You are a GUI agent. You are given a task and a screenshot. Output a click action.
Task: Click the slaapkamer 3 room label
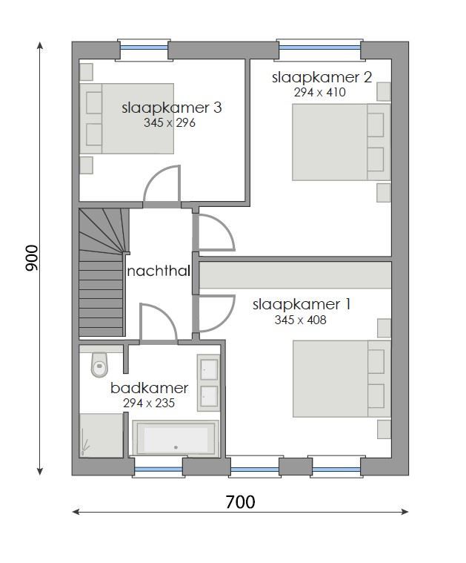(171, 108)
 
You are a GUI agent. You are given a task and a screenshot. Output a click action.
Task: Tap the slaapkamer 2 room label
(321, 77)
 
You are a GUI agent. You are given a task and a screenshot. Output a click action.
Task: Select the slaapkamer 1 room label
(302, 304)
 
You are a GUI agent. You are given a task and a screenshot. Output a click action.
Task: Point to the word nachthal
(159, 271)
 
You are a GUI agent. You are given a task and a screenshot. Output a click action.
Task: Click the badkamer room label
(149, 388)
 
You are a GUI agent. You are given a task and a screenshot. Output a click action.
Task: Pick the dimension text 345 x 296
(170, 123)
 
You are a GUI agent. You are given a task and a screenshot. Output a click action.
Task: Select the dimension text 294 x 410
(320, 93)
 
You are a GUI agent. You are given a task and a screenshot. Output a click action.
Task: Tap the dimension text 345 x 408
(300, 320)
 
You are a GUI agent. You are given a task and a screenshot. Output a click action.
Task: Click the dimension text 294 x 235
(148, 404)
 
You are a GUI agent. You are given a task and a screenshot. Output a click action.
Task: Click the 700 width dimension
(240, 502)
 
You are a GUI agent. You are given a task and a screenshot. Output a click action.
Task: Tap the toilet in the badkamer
(99, 363)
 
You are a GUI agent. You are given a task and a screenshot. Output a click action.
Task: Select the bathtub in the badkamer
(175, 438)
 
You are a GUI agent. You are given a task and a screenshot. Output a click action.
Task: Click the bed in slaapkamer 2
(341, 142)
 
